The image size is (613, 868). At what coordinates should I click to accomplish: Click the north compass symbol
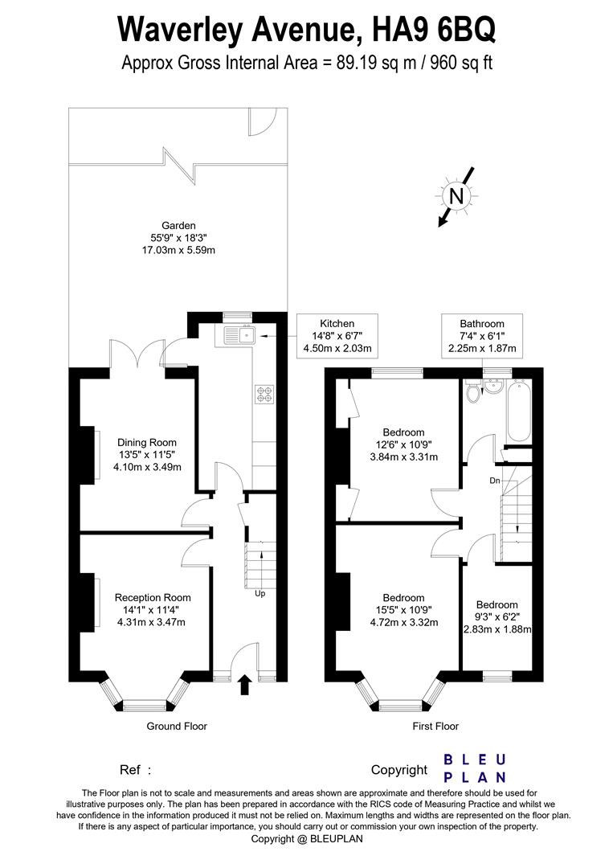(x=456, y=195)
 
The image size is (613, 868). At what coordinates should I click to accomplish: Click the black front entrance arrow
(x=245, y=685)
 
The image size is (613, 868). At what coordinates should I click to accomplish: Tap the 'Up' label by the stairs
(x=260, y=594)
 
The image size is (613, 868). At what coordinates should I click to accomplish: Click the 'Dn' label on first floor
(x=496, y=481)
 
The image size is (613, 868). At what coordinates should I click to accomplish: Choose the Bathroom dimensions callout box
(x=482, y=335)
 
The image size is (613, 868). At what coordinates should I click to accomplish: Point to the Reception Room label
(x=153, y=608)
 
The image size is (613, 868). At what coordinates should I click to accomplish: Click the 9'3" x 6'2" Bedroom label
(x=497, y=616)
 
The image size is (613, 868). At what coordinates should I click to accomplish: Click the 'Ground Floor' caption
(x=177, y=726)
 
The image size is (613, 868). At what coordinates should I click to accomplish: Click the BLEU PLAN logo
(x=475, y=768)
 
